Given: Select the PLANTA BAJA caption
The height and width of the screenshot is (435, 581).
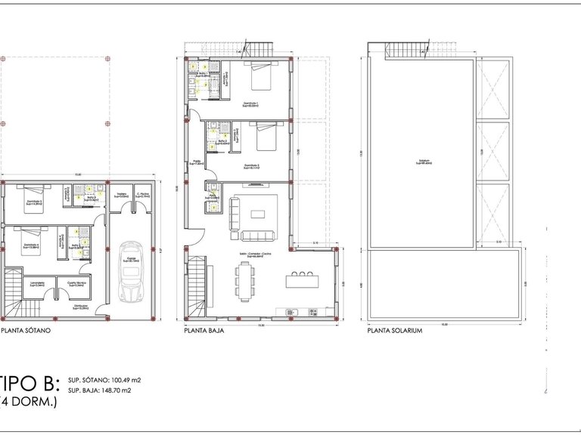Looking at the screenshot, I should pos(201,331).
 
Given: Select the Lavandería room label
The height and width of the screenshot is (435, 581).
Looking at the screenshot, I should pos(39,284).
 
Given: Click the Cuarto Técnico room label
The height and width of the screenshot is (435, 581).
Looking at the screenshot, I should pos(76,284).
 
